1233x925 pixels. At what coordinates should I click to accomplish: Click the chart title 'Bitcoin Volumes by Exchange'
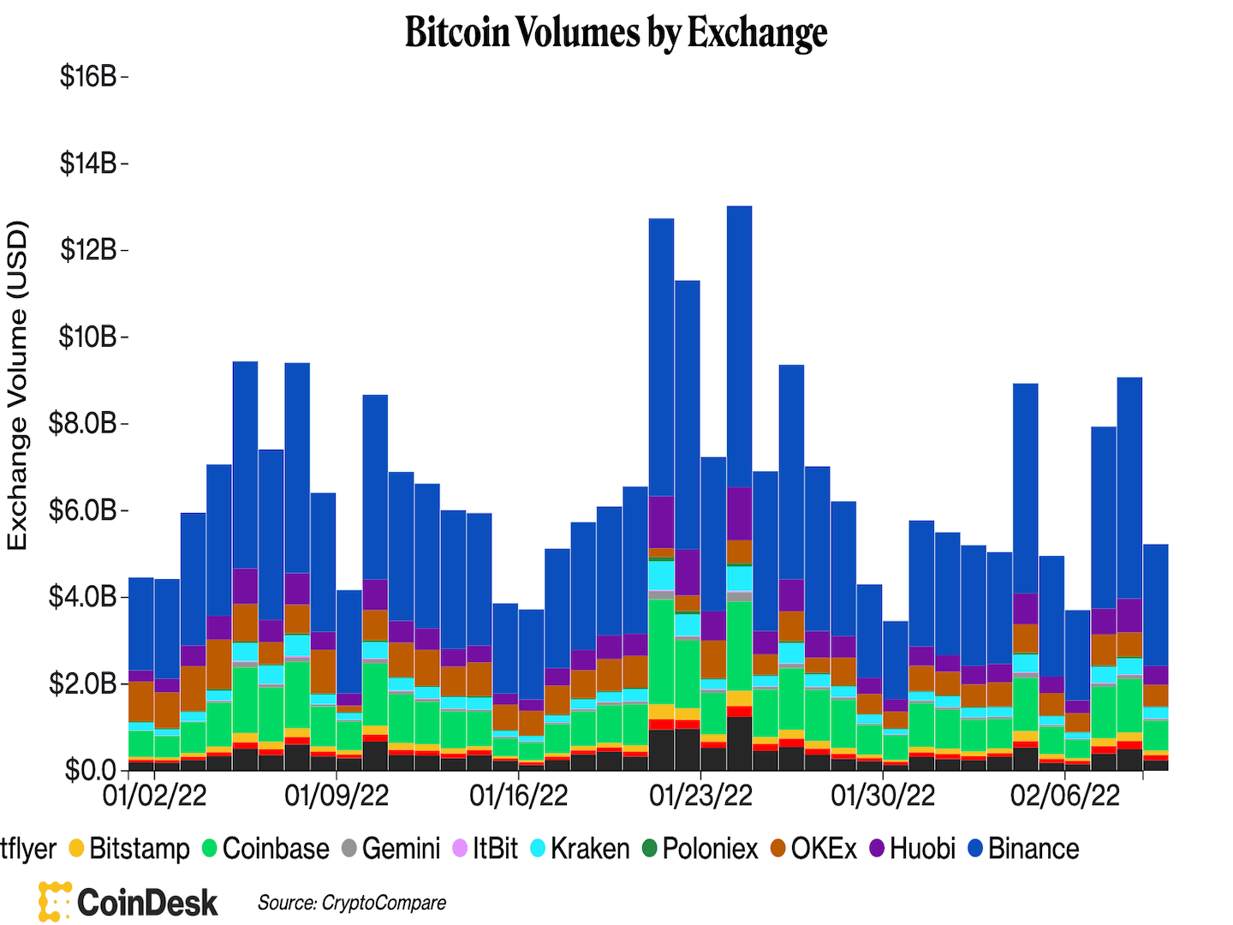coord(616,33)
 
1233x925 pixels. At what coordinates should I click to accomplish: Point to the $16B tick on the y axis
coord(88,77)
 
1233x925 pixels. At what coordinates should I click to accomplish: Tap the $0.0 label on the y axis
coord(90,770)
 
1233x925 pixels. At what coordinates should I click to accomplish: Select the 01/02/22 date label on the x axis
coord(154,796)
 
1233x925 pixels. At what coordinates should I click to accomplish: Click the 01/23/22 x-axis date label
coord(700,796)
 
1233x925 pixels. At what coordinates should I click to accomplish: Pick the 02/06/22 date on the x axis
coord(1064,796)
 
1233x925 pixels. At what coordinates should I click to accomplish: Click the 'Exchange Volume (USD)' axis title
coord(18,385)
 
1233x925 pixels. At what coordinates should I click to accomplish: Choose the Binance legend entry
coord(1023,849)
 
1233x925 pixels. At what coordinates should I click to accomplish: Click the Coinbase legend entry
coord(265,849)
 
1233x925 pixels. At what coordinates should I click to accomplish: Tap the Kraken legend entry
coord(581,849)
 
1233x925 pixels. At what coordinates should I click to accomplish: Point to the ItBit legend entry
coord(485,849)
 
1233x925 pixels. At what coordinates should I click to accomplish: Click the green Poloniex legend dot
coord(650,849)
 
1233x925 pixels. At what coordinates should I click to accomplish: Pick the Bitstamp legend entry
coord(129,849)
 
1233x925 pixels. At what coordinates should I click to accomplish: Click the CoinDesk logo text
coord(147,903)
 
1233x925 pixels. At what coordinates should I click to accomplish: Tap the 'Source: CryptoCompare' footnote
coord(352,903)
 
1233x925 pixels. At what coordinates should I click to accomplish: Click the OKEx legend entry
coord(813,849)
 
